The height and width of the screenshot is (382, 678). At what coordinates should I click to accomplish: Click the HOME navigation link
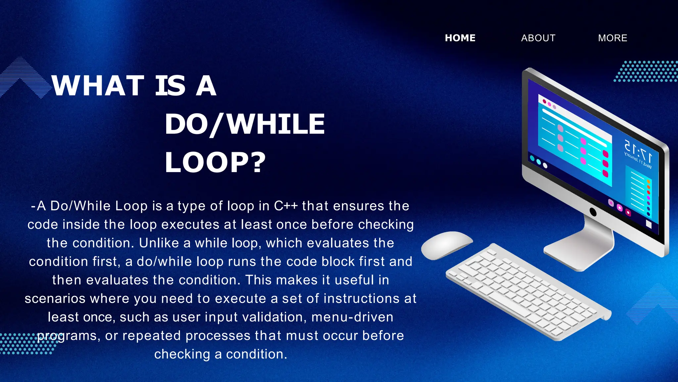(460, 38)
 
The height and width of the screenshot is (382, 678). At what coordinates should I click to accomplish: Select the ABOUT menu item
(538, 38)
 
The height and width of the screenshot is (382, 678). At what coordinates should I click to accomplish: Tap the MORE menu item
(612, 38)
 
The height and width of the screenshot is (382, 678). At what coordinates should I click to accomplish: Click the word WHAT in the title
(98, 86)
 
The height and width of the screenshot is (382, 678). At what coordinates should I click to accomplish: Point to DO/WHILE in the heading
(245, 124)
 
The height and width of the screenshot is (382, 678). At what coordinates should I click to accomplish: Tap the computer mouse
(446, 245)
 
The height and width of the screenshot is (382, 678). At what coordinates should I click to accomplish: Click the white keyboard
(528, 292)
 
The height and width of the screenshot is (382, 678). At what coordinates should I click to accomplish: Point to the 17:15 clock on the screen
(638, 151)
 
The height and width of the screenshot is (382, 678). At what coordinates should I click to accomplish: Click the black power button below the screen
(593, 212)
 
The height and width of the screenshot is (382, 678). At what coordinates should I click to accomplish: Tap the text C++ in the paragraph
(286, 206)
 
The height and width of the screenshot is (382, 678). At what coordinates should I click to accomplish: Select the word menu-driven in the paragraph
(352, 317)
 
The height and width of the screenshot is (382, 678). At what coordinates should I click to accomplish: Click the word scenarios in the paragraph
(55, 299)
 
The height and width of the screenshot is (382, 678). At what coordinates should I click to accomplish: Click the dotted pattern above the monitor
(646, 71)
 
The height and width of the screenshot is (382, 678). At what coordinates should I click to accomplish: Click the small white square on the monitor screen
(649, 225)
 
